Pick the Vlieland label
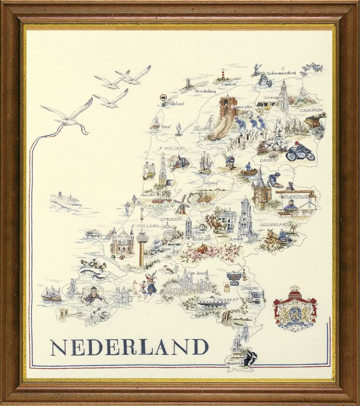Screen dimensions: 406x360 176,104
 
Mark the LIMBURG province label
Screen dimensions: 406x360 250,288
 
